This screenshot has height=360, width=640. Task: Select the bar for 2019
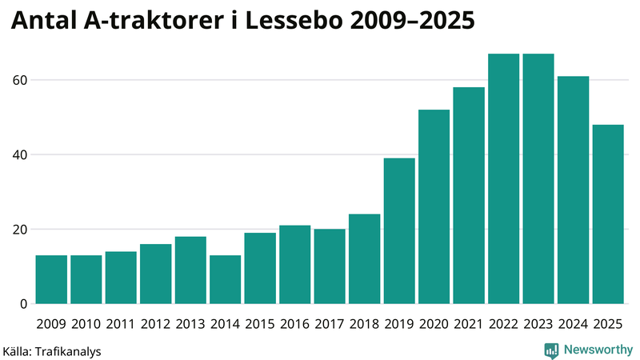point(399,231)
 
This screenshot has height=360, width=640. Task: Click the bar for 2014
point(226,279)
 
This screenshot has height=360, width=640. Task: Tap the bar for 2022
point(503,179)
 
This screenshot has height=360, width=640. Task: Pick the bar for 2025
point(608,214)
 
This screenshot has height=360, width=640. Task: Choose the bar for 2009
point(51,279)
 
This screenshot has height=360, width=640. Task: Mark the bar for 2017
point(330,266)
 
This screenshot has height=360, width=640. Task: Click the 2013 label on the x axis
point(190,324)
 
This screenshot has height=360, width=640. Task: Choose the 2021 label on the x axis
point(469,324)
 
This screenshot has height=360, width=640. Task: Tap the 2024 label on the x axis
point(573,324)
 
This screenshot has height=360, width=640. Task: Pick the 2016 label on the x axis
point(294,324)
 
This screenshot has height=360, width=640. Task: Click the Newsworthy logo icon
point(551,350)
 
